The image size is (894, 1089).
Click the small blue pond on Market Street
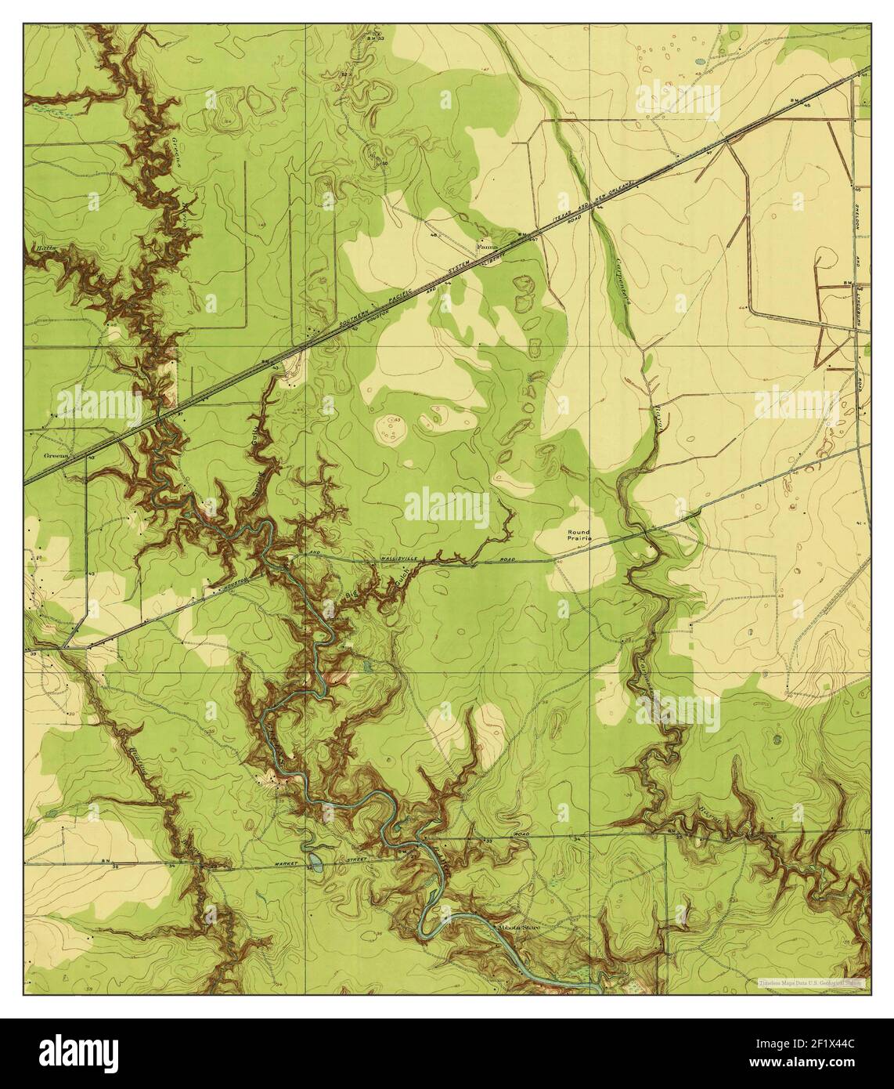pyautogui.click(x=315, y=862)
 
